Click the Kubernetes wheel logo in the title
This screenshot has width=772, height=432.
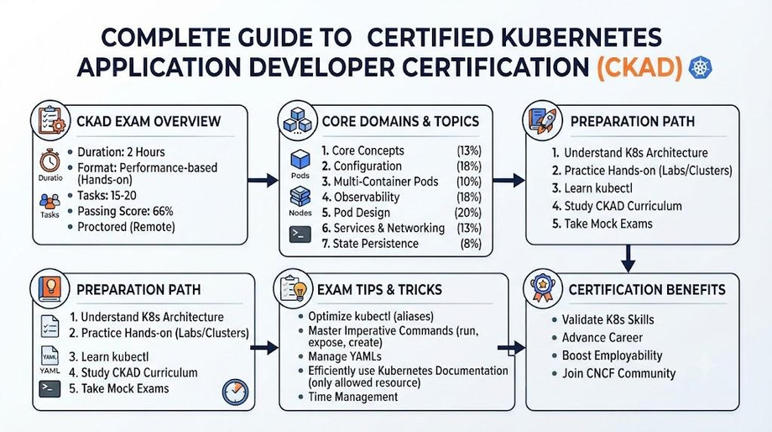pyautogui.click(x=700, y=67)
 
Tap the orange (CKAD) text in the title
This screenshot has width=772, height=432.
pyautogui.click(x=639, y=67)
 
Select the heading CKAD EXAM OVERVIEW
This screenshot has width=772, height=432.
pyautogui.click(x=149, y=121)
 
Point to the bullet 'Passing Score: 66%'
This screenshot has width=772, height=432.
pyautogui.click(x=126, y=211)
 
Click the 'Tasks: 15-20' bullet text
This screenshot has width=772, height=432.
pyautogui.click(x=107, y=195)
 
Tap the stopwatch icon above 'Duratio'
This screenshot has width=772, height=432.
pyautogui.click(x=50, y=161)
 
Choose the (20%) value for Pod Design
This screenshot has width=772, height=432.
pyautogui.click(x=467, y=213)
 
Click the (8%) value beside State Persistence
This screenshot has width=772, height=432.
pyautogui.click(x=471, y=244)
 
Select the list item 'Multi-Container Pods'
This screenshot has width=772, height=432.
pyautogui.click(x=386, y=182)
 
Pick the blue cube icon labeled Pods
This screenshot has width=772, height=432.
pyautogui.click(x=300, y=160)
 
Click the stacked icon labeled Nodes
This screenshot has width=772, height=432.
pyautogui.click(x=300, y=197)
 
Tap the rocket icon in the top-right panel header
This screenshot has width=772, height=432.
pyautogui.click(x=542, y=120)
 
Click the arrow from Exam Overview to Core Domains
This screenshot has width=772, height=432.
pyautogui.click(x=263, y=181)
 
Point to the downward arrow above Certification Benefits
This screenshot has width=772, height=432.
pyautogui.click(x=628, y=258)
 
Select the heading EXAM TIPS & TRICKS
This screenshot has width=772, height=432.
pyautogui.click(x=379, y=289)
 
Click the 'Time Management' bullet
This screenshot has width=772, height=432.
pyautogui.click(x=353, y=397)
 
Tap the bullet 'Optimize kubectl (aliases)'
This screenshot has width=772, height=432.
pyautogui.click(x=371, y=317)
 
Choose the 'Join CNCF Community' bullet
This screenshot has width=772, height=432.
pyautogui.click(x=619, y=373)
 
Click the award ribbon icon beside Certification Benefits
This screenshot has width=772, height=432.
pyautogui.click(x=543, y=288)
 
